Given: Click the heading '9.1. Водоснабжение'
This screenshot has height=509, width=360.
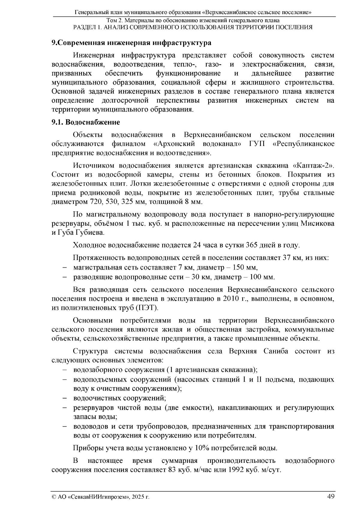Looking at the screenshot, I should tap(86, 122).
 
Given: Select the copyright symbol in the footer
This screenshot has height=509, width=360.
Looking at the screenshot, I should tap(54, 497).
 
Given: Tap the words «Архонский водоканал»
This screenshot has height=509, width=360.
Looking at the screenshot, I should tap(197, 144).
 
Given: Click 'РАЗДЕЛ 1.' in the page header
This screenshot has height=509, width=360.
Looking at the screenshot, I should tap(86, 27).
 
